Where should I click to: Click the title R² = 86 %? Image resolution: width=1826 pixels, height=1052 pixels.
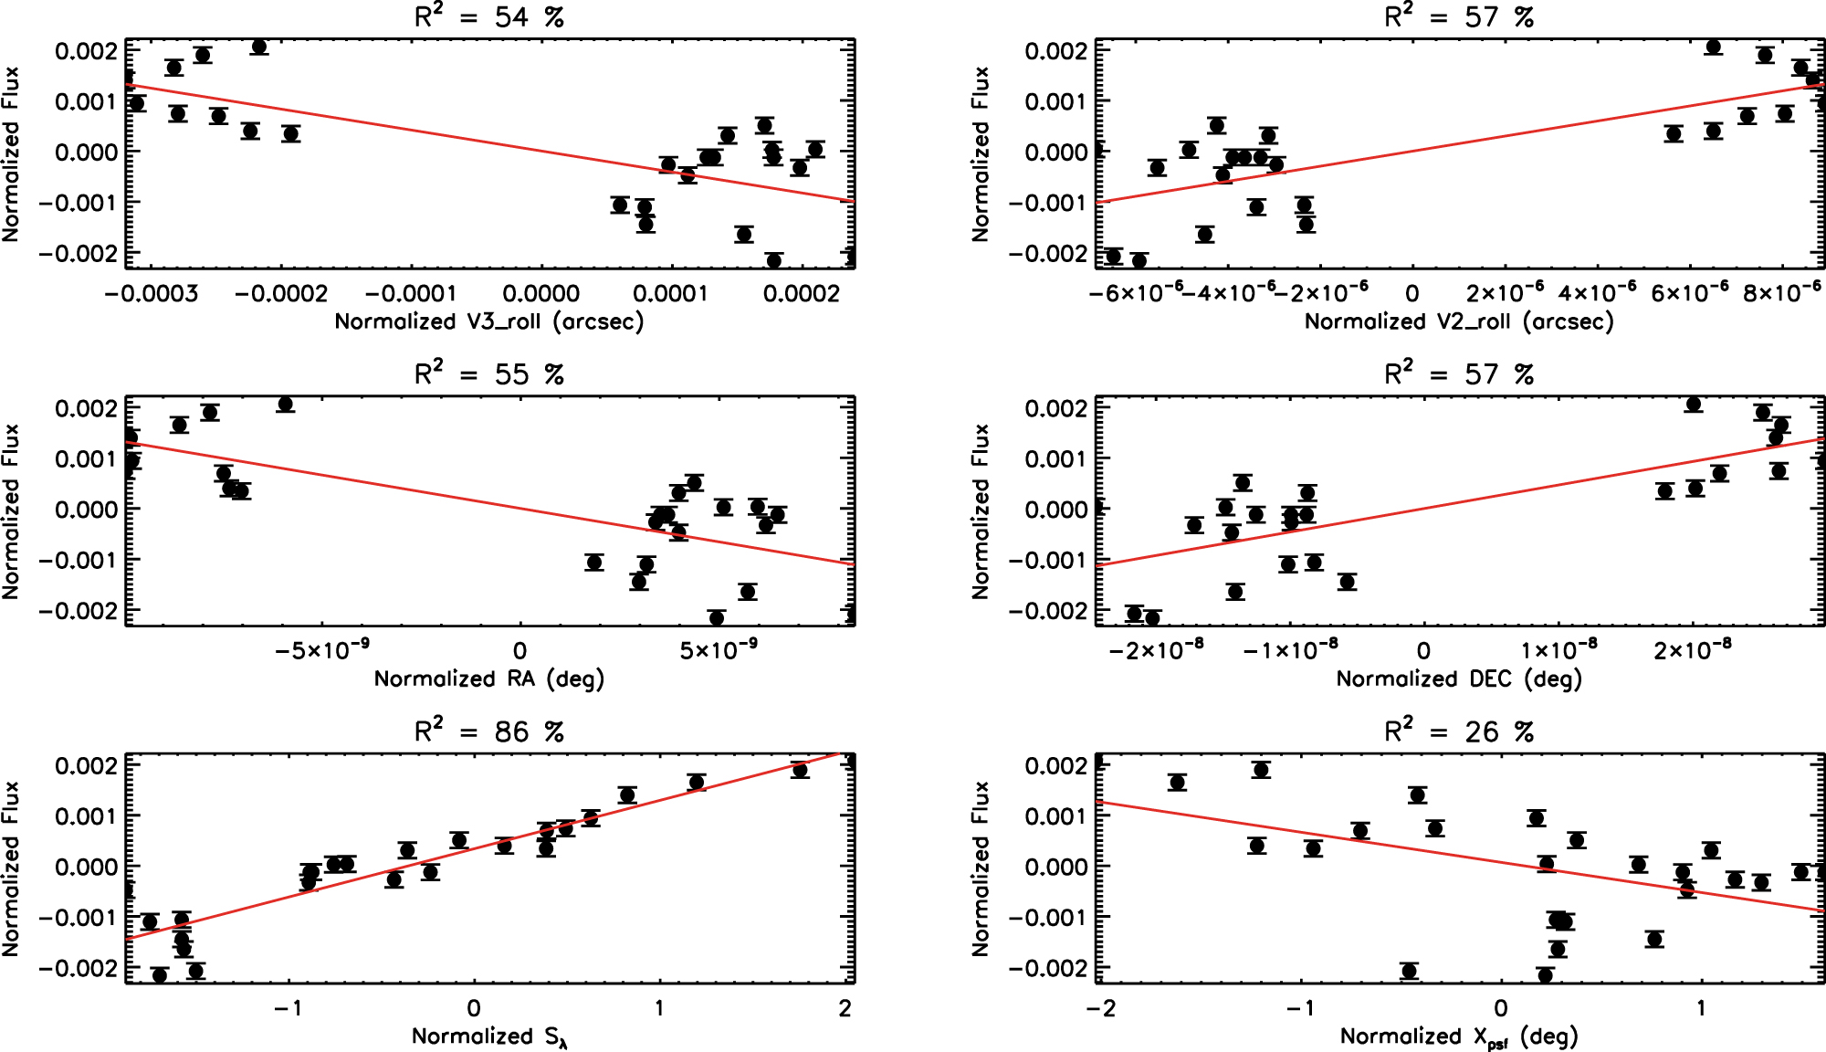(x=489, y=731)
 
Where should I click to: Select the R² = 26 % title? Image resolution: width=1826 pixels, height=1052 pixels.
(x=1459, y=731)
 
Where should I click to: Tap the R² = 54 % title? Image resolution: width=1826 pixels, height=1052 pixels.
(x=489, y=16)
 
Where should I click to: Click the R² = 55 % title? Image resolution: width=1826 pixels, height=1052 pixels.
(x=489, y=374)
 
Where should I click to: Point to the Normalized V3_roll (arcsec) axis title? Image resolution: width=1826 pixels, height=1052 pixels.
(x=489, y=321)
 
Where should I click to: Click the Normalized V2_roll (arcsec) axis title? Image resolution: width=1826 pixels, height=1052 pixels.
(x=1459, y=321)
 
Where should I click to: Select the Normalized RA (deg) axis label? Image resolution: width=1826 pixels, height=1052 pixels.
(x=489, y=679)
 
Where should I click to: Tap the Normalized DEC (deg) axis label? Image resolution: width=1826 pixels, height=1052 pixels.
(x=1459, y=679)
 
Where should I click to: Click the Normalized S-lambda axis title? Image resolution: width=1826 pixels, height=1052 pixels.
(x=489, y=1036)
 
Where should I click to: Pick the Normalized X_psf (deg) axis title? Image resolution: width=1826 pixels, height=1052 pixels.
(x=1459, y=1036)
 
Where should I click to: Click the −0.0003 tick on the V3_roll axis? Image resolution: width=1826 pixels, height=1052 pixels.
(x=152, y=293)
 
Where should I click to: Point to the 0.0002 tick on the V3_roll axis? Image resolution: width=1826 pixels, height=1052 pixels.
(x=801, y=293)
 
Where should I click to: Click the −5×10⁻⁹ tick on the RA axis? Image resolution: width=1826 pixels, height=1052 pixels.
(x=322, y=650)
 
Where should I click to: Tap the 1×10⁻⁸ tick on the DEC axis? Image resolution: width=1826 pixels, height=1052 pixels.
(x=1558, y=650)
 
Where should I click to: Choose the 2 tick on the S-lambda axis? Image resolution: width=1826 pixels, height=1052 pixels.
(x=845, y=1008)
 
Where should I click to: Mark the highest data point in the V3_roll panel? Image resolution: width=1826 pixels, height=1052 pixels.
(x=259, y=47)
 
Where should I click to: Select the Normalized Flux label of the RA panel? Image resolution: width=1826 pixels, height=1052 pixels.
(x=11, y=511)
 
